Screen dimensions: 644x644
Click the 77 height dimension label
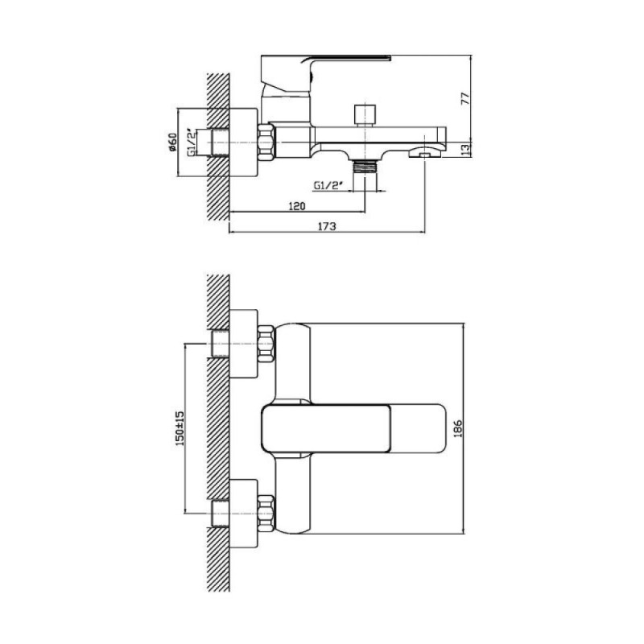point(464,98)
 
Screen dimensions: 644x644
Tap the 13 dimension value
point(464,150)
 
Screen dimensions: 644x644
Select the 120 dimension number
point(297,205)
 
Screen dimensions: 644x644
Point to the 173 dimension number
point(327,225)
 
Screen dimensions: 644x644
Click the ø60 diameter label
point(172,142)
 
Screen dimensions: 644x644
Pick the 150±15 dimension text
point(180,428)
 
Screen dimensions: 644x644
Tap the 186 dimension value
point(458,428)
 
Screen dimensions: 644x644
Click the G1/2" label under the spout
point(328,185)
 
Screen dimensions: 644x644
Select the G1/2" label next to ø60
point(192,142)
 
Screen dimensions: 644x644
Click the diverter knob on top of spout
point(365,115)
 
